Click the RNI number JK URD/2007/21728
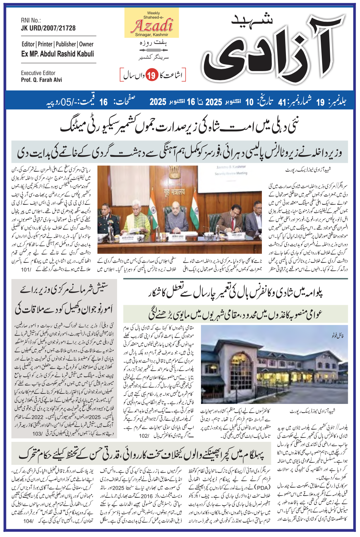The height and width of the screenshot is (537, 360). [48, 28]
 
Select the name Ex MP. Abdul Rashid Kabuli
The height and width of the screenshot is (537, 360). [58, 54]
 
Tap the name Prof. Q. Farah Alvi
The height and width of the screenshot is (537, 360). [41, 80]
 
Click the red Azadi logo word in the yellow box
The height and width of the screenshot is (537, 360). [154, 26]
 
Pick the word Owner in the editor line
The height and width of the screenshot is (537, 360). [86, 44]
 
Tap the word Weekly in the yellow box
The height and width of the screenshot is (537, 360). [154, 13]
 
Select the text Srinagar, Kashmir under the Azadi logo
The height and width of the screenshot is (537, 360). [152, 35]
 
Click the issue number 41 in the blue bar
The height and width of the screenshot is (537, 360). [282, 102]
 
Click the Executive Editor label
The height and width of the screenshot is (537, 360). [38, 73]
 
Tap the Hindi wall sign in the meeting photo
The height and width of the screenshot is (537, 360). [175, 192]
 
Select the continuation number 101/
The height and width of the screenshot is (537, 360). [26, 270]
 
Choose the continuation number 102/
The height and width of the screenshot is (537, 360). [144, 435]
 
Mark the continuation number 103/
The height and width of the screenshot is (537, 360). [37, 433]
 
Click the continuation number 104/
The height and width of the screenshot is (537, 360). [28, 521]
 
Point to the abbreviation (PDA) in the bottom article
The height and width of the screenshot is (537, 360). [263, 488]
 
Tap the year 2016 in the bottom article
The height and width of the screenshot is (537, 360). [147, 496]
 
